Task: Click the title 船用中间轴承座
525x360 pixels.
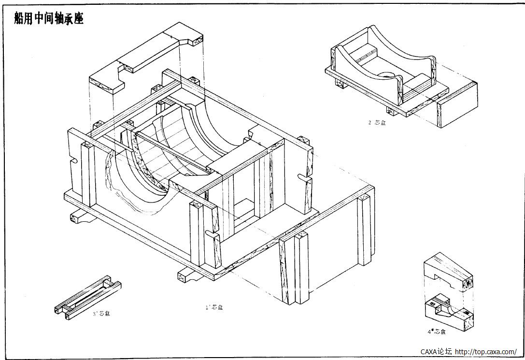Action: coord(49,18)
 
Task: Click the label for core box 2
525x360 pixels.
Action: coord(377,123)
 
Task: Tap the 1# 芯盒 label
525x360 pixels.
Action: coord(214,307)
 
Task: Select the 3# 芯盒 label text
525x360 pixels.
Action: coord(101,314)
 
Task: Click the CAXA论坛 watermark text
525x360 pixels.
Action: coord(437,352)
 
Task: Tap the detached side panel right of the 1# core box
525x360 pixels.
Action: coord(328,242)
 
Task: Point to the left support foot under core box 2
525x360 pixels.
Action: coord(342,84)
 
